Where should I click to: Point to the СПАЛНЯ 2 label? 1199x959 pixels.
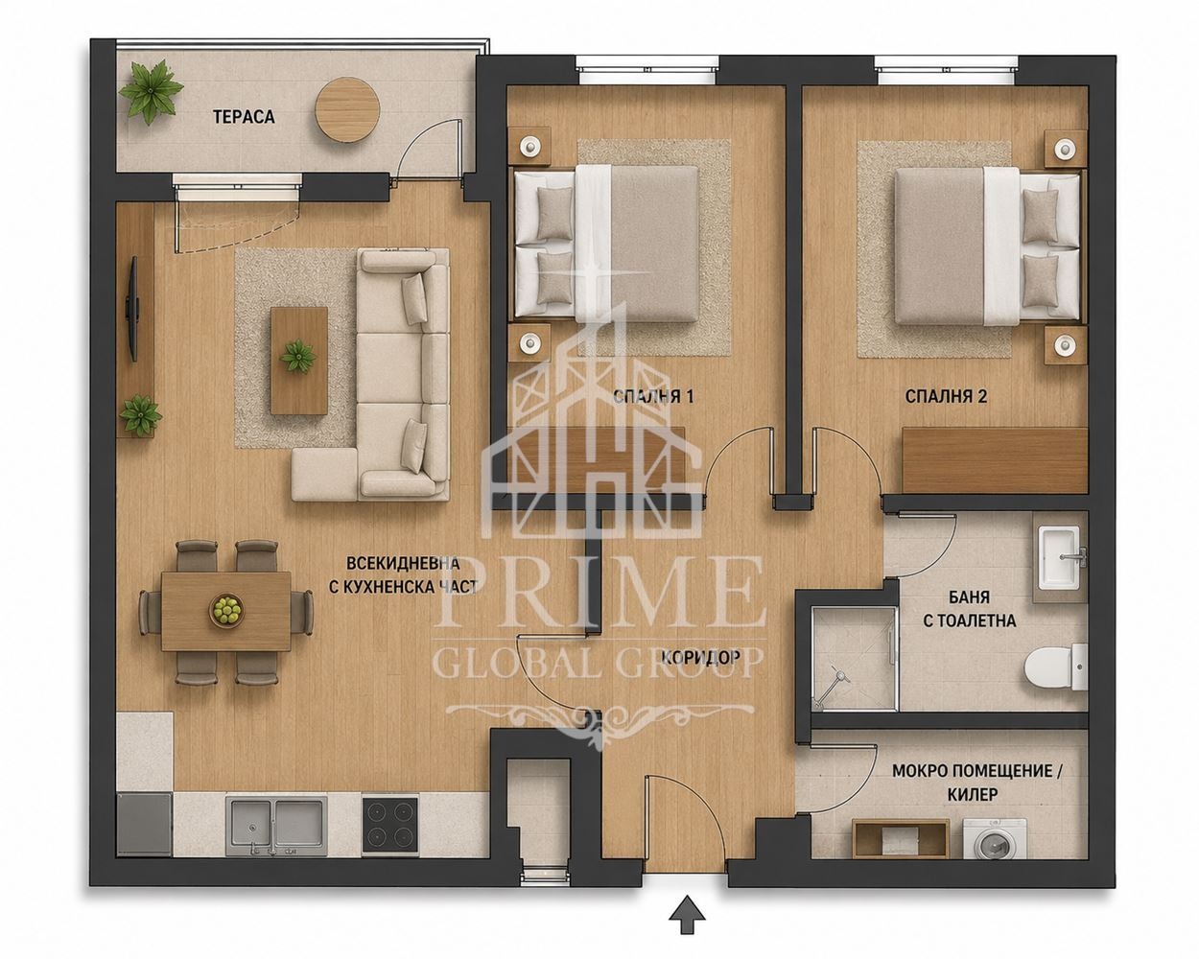(x=946, y=397)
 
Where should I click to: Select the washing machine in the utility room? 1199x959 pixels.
(x=995, y=839)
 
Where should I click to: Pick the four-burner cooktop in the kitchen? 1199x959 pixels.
(x=390, y=826)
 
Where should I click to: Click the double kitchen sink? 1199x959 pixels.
(x=277, y=826)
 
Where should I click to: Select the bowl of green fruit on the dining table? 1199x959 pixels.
(x=225, y=610)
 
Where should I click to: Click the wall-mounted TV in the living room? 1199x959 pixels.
(x=133, y=308)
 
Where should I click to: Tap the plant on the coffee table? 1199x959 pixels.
(x=298, y=356)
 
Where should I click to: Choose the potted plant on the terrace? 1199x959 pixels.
(x=151, y=92)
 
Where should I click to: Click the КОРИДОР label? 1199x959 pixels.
(x=700, y=658)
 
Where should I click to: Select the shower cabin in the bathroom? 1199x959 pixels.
(x=854, y=659)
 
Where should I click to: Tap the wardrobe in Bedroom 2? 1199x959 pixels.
(x=995, y=460)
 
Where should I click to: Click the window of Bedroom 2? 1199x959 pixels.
(x=947, y=70)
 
